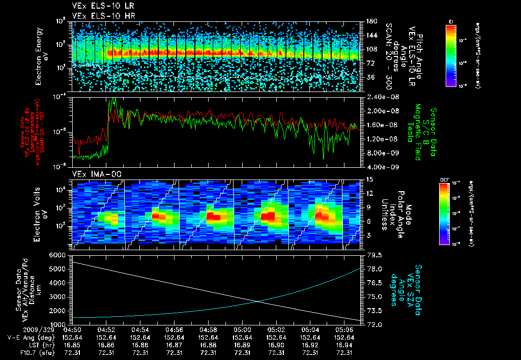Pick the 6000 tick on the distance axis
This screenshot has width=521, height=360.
60,255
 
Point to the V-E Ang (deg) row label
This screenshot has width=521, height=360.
28,337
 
